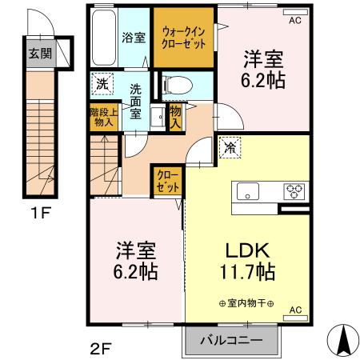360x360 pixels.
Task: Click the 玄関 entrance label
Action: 40,54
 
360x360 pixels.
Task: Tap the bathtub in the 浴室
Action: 104,38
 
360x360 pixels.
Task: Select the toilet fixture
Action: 178,86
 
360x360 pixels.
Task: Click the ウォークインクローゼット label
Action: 184,38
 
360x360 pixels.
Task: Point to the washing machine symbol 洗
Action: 102,84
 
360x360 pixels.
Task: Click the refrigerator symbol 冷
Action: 230,148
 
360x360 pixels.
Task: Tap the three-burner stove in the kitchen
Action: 294,191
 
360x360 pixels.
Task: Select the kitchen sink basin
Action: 248,191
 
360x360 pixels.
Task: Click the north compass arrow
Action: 343,340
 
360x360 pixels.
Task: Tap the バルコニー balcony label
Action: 232,340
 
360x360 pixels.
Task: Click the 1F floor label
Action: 41,213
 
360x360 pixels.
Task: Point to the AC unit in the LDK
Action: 295,318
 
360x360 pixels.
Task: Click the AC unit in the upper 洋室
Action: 295,12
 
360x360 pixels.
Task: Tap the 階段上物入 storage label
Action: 104,118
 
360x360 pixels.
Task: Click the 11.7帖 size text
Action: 247,272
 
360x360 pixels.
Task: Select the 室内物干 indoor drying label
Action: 246,303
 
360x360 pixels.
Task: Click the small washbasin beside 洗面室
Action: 158,117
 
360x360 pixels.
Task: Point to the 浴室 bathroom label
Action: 134,38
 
